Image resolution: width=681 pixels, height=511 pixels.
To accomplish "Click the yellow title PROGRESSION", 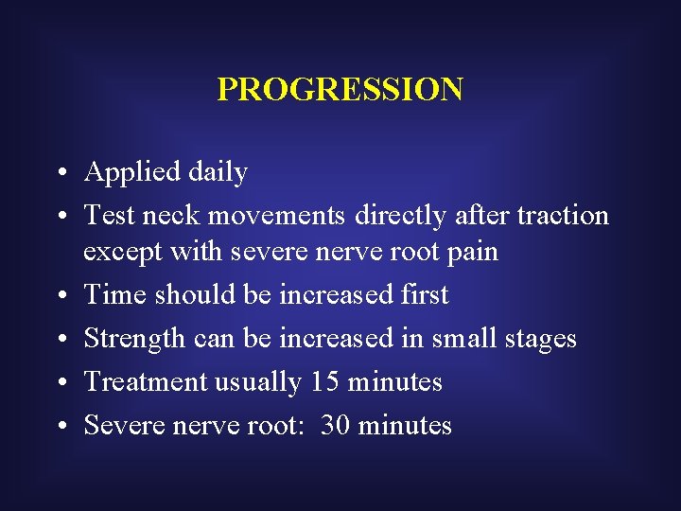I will pyautogui.click(x=340, y=89).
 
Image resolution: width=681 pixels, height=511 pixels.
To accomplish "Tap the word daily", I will pyautogui.click(x=218, y=173).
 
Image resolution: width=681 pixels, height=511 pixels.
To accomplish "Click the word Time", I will pyautogui.click(x=116, y=294).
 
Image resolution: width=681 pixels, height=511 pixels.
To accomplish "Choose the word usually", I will pyautogui.click(x=257, y=382).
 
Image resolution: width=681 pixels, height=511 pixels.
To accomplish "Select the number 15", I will pyautogui.click(x=325, y=381).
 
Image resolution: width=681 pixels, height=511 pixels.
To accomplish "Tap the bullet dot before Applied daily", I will pyautogui.click(x=60, y=174).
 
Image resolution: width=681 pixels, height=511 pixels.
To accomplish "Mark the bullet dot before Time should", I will pyautogui.click(x=60, y=295).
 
